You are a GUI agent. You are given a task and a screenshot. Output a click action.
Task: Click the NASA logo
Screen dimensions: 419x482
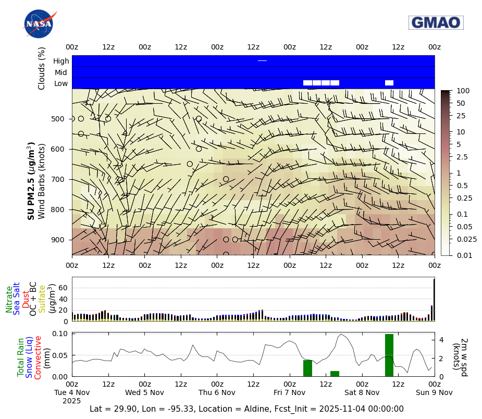(39, 24)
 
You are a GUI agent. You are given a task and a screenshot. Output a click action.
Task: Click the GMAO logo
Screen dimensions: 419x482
(436, 22)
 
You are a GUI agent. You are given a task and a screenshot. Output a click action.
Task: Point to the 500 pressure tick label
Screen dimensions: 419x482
(57, 119)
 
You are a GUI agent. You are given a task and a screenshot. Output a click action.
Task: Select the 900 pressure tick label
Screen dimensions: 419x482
(57, 240)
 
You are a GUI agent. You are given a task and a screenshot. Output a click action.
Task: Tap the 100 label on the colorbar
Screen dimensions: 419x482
(462, 91)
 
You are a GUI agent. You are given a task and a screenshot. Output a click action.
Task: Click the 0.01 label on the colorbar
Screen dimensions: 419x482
(463, 255)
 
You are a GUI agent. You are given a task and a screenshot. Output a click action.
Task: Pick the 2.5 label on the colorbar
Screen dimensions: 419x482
(462, 157)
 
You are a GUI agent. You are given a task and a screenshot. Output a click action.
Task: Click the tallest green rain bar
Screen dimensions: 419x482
(389, 355)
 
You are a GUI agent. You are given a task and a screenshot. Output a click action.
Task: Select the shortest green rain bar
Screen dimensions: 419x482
(335, 373)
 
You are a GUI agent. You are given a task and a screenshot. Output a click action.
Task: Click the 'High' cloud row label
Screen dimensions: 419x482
(61, 61)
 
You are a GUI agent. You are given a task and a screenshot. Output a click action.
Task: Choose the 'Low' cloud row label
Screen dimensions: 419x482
(61, 84)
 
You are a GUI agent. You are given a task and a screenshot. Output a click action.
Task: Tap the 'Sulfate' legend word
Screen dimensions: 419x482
(42, 299)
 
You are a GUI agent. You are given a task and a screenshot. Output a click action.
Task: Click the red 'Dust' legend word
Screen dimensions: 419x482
(26, 299)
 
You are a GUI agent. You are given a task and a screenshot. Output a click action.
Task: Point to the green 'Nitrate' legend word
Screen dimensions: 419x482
(9, 299)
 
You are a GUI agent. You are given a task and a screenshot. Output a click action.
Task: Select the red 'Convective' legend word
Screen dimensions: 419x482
(38, 357)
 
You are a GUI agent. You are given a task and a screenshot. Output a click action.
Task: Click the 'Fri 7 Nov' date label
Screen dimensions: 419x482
(290, 392)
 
